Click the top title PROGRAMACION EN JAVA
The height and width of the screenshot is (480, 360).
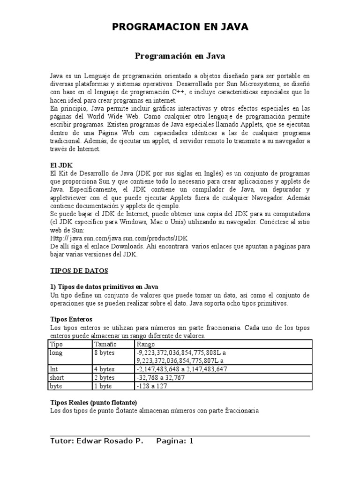tap(180, 28)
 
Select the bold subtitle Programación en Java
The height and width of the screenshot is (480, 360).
tap(180, 56)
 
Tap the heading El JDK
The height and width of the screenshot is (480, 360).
tap(60, 166)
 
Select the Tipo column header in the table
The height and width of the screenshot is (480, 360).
tap(56, 344)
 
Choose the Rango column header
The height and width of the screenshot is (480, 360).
tap(145, 344)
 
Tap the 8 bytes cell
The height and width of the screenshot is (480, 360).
tap(105, 352)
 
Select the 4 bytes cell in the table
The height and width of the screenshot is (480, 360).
tap(105, 369)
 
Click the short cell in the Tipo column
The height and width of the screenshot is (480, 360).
tap(57, 378)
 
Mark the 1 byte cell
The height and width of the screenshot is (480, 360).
tap(104, 386)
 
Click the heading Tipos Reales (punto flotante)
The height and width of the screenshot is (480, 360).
tap(93, 403)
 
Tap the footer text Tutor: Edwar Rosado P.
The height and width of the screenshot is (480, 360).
tap(97, 441)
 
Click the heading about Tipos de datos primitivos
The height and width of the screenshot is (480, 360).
tap(104, 287)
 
